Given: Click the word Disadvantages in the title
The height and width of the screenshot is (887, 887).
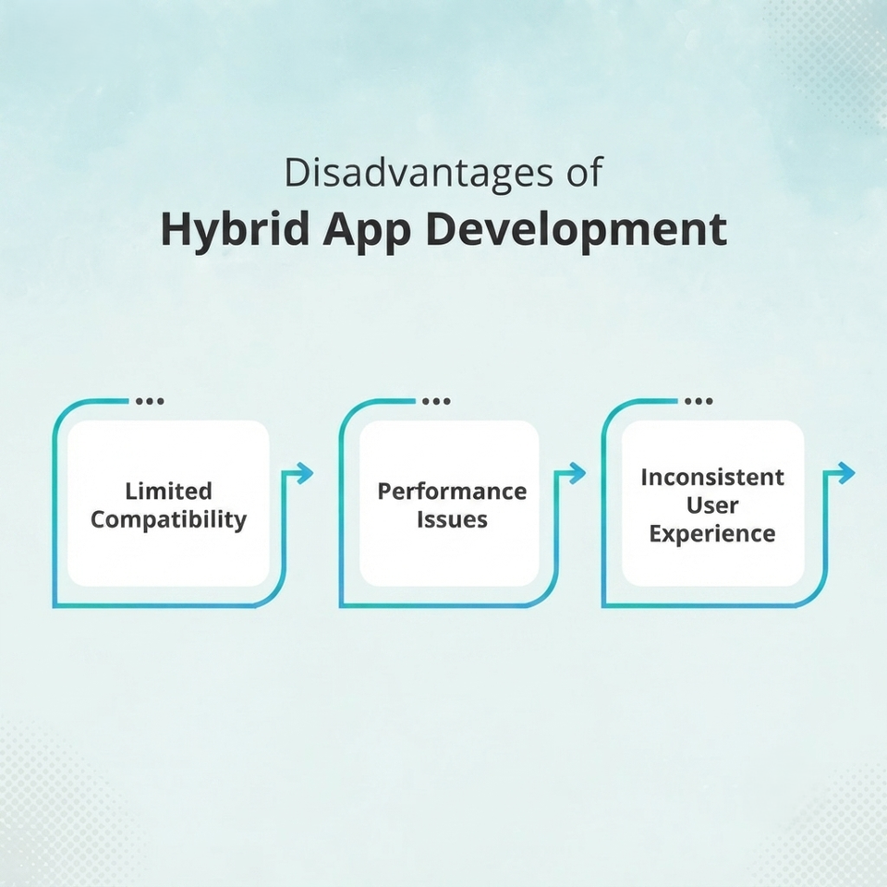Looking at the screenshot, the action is [419, 173].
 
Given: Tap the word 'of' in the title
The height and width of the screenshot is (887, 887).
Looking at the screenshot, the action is [585, 172].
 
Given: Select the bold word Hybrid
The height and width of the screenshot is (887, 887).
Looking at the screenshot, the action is [235, 231].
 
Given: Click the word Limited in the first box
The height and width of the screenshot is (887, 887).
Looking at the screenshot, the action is [168, 491].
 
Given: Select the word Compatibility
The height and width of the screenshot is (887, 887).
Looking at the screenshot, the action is [168, 520].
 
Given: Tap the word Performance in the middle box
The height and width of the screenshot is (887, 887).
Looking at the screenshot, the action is [452, 491].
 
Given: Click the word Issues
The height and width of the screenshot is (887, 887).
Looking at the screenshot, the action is [452, 519].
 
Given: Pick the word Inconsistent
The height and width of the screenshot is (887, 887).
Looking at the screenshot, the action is [712, 477].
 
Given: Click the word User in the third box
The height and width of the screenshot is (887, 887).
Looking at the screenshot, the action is [712, 505].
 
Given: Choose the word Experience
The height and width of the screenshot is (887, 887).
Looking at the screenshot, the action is [712, 534].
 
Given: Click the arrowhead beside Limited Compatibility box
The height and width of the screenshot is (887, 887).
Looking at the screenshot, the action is [303, 473].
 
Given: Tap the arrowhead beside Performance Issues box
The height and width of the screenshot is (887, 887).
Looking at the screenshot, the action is [577, 473].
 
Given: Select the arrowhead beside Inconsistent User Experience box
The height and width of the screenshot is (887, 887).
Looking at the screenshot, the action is [845, 473].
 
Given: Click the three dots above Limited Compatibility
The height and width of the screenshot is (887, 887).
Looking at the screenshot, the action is [150, 401].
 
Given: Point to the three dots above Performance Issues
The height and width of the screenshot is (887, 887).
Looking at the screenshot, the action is [437, 401].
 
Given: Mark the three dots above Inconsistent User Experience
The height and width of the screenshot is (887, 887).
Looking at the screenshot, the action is [699, 401].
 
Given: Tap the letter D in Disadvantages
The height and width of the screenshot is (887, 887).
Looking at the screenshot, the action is [297, 173].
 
